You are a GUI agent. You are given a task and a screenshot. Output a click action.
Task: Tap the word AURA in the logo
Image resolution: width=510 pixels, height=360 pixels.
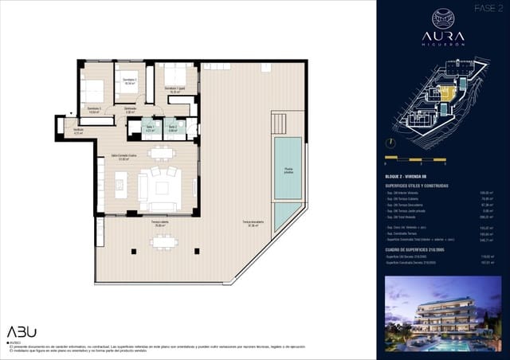[x=442, y=37]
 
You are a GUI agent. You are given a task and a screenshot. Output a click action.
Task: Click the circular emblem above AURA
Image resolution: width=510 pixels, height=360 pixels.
[x=442, y=18]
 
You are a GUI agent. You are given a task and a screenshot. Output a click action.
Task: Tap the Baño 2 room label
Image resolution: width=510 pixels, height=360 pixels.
[x=173, y=128]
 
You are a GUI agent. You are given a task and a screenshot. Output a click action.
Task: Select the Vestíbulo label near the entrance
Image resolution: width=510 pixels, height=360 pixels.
[x=78, y=132]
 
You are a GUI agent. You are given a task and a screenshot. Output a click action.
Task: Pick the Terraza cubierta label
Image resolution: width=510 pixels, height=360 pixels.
[x=161, y=225]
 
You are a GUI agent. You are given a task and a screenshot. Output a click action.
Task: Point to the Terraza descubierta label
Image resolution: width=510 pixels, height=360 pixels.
[x=254, y=224]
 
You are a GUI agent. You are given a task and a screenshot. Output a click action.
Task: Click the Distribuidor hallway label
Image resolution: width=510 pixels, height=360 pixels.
[x=130, y=110]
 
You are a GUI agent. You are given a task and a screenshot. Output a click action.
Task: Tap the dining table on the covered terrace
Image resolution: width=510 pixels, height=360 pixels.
[x=163, y=241]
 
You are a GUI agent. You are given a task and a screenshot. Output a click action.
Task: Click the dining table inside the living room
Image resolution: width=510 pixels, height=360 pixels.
[x=162, y=153]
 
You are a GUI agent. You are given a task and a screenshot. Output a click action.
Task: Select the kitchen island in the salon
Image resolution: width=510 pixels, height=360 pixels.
[x=121, y=186]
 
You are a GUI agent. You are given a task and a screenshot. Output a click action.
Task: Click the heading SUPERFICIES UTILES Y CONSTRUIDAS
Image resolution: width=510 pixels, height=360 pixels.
[x=415, y=186]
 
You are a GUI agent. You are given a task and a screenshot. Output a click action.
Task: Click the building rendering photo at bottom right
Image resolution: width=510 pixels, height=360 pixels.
[x=442, y=313]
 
